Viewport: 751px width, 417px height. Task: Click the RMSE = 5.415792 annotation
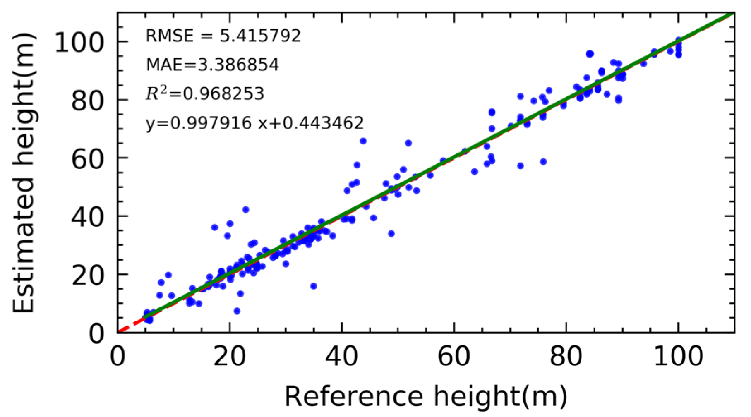223,36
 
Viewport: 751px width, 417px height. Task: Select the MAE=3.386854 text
212,65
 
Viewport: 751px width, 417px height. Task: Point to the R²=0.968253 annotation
205,94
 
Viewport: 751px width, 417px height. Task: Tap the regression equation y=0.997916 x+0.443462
254,123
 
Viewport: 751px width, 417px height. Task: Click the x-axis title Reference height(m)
425,396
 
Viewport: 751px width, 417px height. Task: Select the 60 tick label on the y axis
87,159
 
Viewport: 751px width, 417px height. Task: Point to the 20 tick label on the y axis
87,275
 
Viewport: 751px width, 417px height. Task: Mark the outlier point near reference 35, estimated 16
314,286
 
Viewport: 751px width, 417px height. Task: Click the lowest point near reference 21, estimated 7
237,311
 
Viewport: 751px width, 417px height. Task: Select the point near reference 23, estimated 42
246,210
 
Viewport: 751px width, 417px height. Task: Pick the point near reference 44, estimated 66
363,141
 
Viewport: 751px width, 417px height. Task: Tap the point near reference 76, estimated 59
543,162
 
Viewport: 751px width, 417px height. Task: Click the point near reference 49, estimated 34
391,234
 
